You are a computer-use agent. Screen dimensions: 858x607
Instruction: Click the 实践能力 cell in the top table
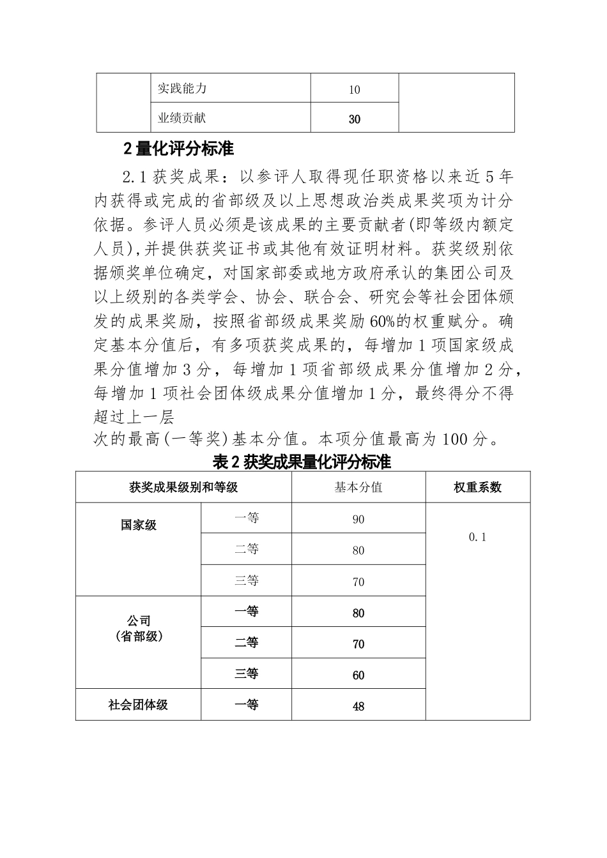(182, 88)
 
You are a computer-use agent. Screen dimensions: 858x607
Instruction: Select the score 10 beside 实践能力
(355, 89)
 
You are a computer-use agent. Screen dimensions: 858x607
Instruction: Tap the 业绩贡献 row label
(182, 117)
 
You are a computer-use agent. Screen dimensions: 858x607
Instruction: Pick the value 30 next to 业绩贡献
(355, 119)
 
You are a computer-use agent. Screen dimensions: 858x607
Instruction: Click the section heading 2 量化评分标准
(178, 149)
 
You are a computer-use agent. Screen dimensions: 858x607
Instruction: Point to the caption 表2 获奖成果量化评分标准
(302, 462)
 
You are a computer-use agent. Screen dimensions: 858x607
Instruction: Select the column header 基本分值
(358, 487)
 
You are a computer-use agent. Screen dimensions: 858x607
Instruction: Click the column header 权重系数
(477, 487)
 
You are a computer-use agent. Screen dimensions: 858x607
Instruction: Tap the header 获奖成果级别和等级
(183, 487)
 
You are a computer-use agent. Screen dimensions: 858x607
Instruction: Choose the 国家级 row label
(139, 525)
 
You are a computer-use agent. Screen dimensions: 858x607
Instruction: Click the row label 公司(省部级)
(139, 628)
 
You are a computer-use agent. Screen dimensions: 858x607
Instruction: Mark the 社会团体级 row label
(139, 705)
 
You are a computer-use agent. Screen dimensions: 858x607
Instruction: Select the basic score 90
(358, 520)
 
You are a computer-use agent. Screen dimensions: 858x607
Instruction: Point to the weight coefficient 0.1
(477, 537)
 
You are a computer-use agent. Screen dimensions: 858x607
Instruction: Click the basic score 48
(358, 706)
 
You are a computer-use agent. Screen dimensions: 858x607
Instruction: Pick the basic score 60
(358, 675)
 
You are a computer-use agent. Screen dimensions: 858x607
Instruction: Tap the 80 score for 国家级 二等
(358, 550)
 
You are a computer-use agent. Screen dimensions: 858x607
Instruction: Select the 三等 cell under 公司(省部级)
(246, 674)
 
